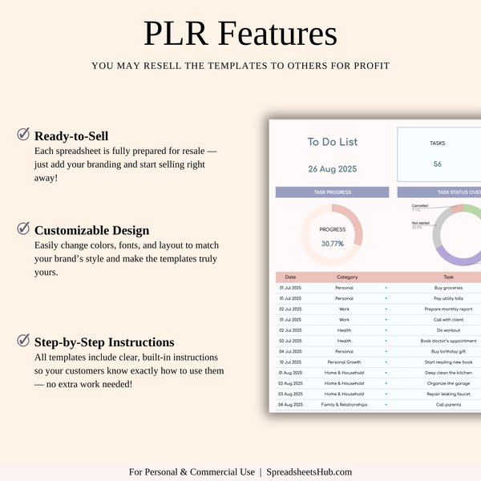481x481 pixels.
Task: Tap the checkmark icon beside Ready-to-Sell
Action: [x=23, y=134]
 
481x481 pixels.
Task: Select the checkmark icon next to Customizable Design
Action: [x=23, y=229]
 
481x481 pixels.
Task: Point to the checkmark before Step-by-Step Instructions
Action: [x=23, y=341]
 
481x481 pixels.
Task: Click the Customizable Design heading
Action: [x=91, y=230]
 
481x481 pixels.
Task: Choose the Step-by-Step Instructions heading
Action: [x=104, y=342]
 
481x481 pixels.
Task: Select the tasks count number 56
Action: [x=438, y=164]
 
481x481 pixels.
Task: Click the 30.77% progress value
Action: [x=333, y=243]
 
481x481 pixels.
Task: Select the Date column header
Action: [x=290, y=277]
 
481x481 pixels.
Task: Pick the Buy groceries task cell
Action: [x=448, y=287]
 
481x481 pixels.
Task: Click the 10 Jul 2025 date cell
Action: [x=290, y=362]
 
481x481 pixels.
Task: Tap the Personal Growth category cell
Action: [x=344, y=362]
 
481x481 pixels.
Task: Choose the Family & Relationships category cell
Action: [x=346, y=405]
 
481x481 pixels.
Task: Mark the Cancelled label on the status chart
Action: [x=419, y=206]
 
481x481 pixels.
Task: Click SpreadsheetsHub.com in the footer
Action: [x=309, y=472]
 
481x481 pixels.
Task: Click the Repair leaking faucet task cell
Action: [x=448, y=394]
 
